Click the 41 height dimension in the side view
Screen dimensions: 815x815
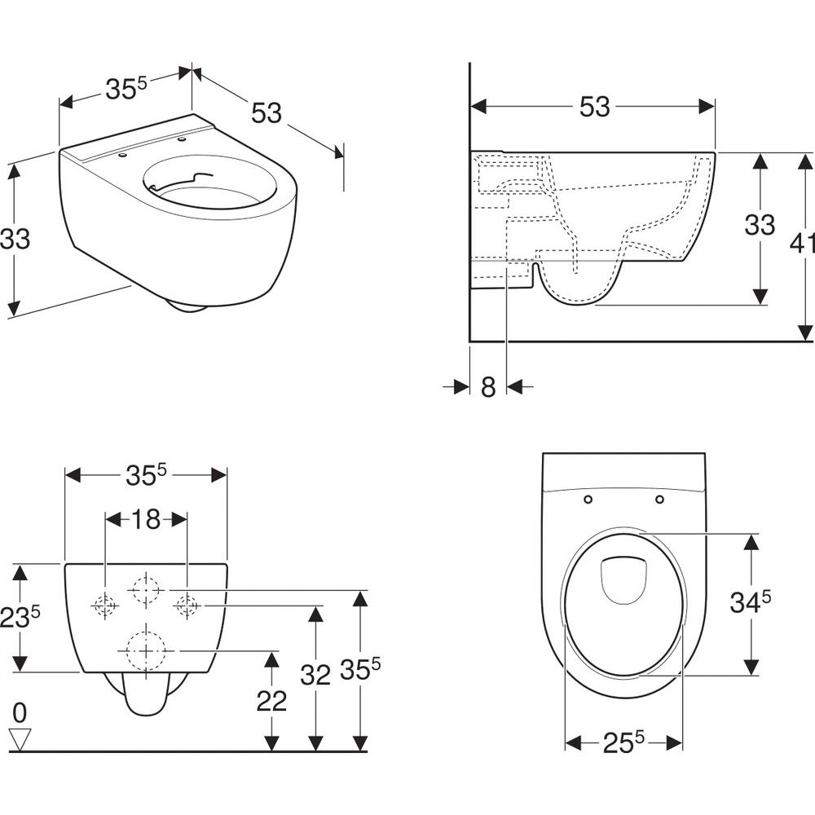(x=803, y=242)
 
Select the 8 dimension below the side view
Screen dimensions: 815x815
(x=488, y=387)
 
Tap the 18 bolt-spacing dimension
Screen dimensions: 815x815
(x=146, y=519)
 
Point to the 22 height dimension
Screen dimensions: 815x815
(x=271, y=701)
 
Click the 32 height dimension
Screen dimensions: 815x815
(x=315, y=675)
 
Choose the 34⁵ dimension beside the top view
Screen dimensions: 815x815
(x=750, y=602)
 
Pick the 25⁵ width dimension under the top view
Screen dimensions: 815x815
(x=623, y=743)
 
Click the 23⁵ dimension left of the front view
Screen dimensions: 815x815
(x=20, y=618)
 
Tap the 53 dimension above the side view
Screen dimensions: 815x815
(x=595, y=107)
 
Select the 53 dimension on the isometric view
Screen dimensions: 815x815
(x=267, y=112)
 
